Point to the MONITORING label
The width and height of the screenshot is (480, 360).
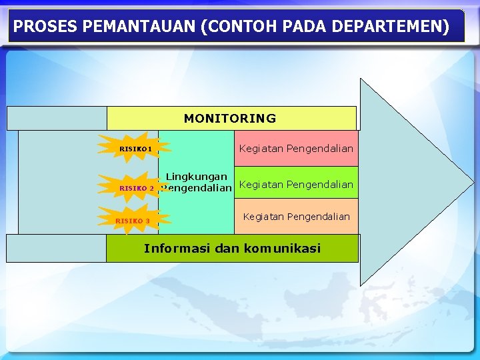[x=230, y=119]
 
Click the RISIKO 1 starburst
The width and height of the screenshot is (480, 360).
[x=134, y=149]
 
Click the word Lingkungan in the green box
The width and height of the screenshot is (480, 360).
[x=196, y=177]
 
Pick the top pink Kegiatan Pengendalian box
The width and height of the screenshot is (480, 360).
[x=296, y=149]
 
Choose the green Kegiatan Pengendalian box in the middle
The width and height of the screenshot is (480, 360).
[x=296, y=184]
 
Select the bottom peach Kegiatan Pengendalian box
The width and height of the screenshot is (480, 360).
[x=296, y=217]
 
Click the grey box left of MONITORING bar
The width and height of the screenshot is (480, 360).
[x=57, y=119]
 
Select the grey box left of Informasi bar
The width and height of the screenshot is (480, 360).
[x=57, y=248]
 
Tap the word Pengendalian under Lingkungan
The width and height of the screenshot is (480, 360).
[x=197, y=189]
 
